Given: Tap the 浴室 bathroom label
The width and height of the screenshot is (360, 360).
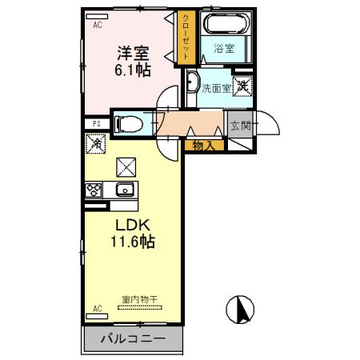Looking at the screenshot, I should (x=222, y=48).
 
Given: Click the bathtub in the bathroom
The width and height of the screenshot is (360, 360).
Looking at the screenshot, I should (x=223, y=24).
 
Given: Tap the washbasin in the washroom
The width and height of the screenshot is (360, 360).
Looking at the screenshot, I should (x=192, y=82).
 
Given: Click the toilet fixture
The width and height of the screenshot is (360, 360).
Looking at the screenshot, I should (x=128, y=124).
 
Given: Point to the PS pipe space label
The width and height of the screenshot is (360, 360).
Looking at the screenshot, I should (x=96, y=123).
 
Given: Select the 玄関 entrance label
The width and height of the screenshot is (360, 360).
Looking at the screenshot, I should (x=240, y=125).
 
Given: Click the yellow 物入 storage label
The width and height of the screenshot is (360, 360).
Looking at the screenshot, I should (x=203, y=145).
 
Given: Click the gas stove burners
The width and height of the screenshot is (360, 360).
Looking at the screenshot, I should (x=94, y=190).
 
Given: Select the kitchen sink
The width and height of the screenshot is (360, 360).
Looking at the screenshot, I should (x=125, y=190).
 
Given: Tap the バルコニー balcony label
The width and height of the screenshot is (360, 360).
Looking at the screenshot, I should (x=133, y=339).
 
